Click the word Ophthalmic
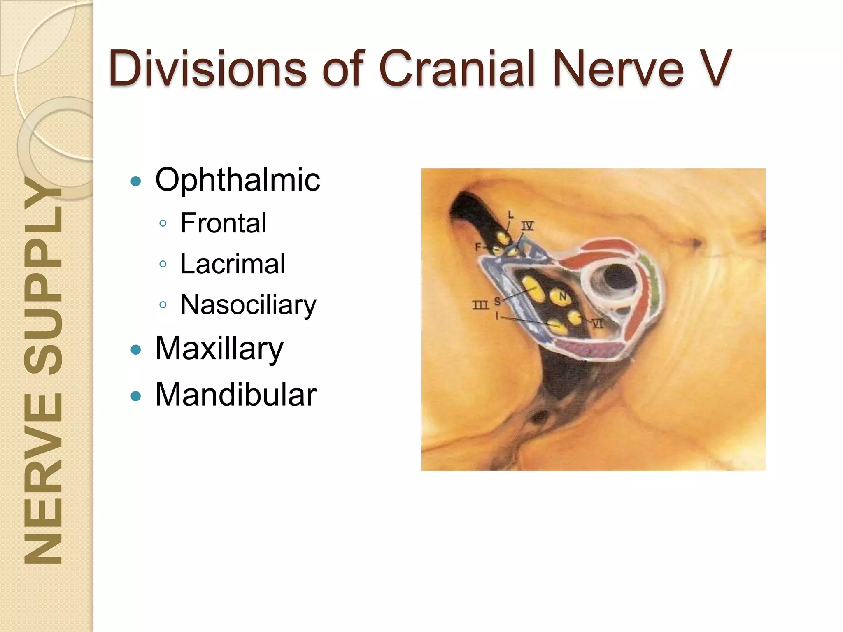[x=238, y=180]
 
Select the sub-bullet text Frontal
[x=224, y=223]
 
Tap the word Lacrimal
[x=233, y=264]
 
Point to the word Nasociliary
[x=248, y=305]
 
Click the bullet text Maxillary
[x=219, y=349]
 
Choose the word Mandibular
[x=235, y=395]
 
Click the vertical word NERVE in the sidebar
[x=43, y=477]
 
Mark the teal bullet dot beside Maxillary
[x=135, y=350]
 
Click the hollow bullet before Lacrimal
[x=163, y=264]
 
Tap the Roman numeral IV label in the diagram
[x=527, y=225]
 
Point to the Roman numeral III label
[x=480, y=305]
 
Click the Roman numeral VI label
[x=597, y=324]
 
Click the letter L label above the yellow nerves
[x=511, y=214]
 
